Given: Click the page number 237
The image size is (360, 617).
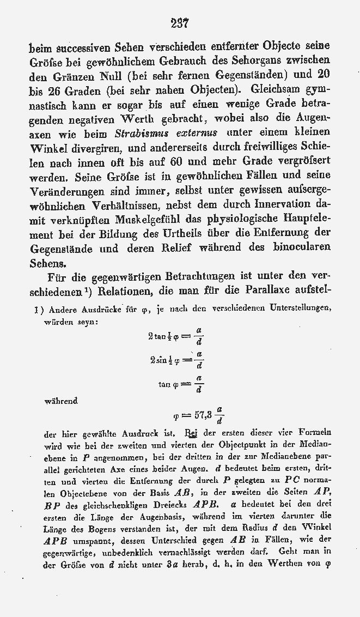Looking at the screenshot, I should tap(179, 23).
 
